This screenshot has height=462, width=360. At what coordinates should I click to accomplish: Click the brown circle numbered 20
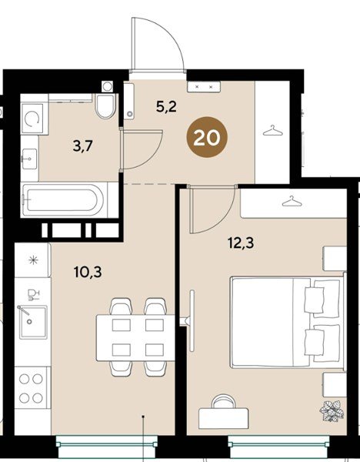pyautogui.click(x=207, y=137)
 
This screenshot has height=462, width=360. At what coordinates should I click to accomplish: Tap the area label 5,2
pyautogui.click(x=166, y=106)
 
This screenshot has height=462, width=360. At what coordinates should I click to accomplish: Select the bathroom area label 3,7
pyautogui.click(x=83, y=146)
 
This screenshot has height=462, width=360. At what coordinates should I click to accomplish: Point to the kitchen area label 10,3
pyautogui.click(x=88, y=272)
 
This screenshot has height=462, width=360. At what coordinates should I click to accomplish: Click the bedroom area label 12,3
pyautogui.click(x=241, y=243)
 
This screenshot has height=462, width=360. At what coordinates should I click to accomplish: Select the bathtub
pyautogui.click(x=63, y=199)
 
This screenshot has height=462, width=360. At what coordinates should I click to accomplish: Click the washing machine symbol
pyautogui.click(x=32, y=119)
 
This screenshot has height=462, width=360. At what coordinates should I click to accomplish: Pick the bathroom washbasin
pyautogui.click(x=29, y=159)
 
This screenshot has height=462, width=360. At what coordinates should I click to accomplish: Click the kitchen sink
pyautogui.click(x=33, y=322)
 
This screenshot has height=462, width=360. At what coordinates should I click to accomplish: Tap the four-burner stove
pyautogui.click(x=31, y=389)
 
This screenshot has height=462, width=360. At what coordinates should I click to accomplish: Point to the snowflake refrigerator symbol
pyautogui.click(x=33, y=260)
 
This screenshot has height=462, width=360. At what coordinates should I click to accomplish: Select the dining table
pyautogui.click(x=135, y=338)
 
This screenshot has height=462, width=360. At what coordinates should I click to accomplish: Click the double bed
pyautogui.click(x=288, y=322)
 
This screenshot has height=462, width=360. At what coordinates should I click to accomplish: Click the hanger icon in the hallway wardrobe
pyautogui.click(x=272, y=131)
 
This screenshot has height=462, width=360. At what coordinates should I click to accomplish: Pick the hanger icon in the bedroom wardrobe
pyautogui.click(x=292, y=201)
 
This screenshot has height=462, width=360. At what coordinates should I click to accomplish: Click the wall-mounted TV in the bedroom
pyautogui.click(x=192, y=320)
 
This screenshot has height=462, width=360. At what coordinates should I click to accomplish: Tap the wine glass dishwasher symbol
pyautogui.click(x=33, y=295)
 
